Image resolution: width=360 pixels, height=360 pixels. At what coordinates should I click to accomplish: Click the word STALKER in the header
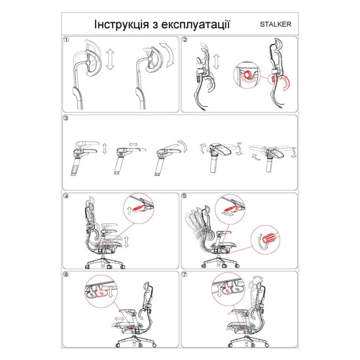point(276,24)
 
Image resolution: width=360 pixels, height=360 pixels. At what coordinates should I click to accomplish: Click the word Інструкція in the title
point(122,24)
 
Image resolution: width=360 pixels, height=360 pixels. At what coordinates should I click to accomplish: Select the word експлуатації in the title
point(196,25)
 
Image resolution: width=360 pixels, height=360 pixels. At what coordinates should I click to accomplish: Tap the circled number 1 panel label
point(66,40)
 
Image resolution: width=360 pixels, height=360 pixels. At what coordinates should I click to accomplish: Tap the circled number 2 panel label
point(185,40)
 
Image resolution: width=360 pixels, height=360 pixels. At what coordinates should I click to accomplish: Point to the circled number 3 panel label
point(66,118)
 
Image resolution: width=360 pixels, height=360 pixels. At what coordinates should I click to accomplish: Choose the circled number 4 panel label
point(66,196)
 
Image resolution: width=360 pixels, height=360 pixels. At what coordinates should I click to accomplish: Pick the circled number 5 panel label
point(185,196)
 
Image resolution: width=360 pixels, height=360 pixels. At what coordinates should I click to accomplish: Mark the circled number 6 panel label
point(66,275)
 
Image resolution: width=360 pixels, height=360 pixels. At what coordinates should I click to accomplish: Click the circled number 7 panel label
point(185,275)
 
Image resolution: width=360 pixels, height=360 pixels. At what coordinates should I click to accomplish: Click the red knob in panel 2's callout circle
point(248,75)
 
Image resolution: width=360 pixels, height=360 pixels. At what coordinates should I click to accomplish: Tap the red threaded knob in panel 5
point(270,239)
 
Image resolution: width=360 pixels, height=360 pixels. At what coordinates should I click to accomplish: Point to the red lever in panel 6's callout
point(101,292)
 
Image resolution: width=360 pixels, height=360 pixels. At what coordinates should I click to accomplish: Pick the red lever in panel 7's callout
point(226,289)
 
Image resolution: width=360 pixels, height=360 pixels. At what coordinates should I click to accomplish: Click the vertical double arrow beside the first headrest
point(110,59)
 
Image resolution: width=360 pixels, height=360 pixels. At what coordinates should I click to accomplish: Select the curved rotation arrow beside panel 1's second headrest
point(168,54)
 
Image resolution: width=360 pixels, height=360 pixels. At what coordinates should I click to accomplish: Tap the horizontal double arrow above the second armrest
point(133,144)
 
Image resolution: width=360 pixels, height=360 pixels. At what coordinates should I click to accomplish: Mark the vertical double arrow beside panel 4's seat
point(126,242)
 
